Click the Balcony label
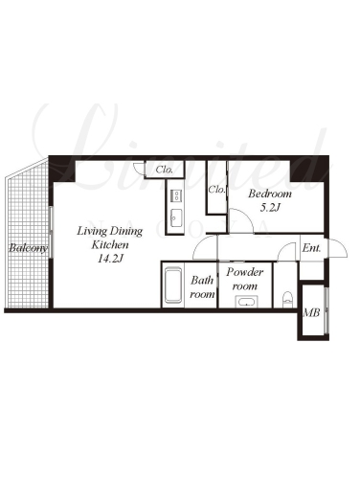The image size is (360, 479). pos(28,248)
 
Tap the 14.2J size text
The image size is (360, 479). pos(110,259)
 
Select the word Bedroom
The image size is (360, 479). pos(270,194)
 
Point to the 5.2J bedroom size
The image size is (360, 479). pos(270,208)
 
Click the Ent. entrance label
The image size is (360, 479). pos(311,248)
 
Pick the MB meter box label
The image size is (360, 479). pos(311,312)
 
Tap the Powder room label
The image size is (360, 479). pos(245,279)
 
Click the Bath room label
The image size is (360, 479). pos(202,287)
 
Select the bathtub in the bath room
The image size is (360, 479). pos(173,285)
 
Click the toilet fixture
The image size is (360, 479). pos(287,299)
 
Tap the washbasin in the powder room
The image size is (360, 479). pos(246,302)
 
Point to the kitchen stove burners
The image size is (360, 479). pos(176,195)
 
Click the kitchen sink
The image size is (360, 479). pos(176,217)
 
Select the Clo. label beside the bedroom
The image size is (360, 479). pos(216,190)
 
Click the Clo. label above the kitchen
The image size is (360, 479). pos(165,170)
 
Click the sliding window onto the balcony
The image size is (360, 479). pos(52,232)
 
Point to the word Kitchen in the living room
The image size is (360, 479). pos(110,245)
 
